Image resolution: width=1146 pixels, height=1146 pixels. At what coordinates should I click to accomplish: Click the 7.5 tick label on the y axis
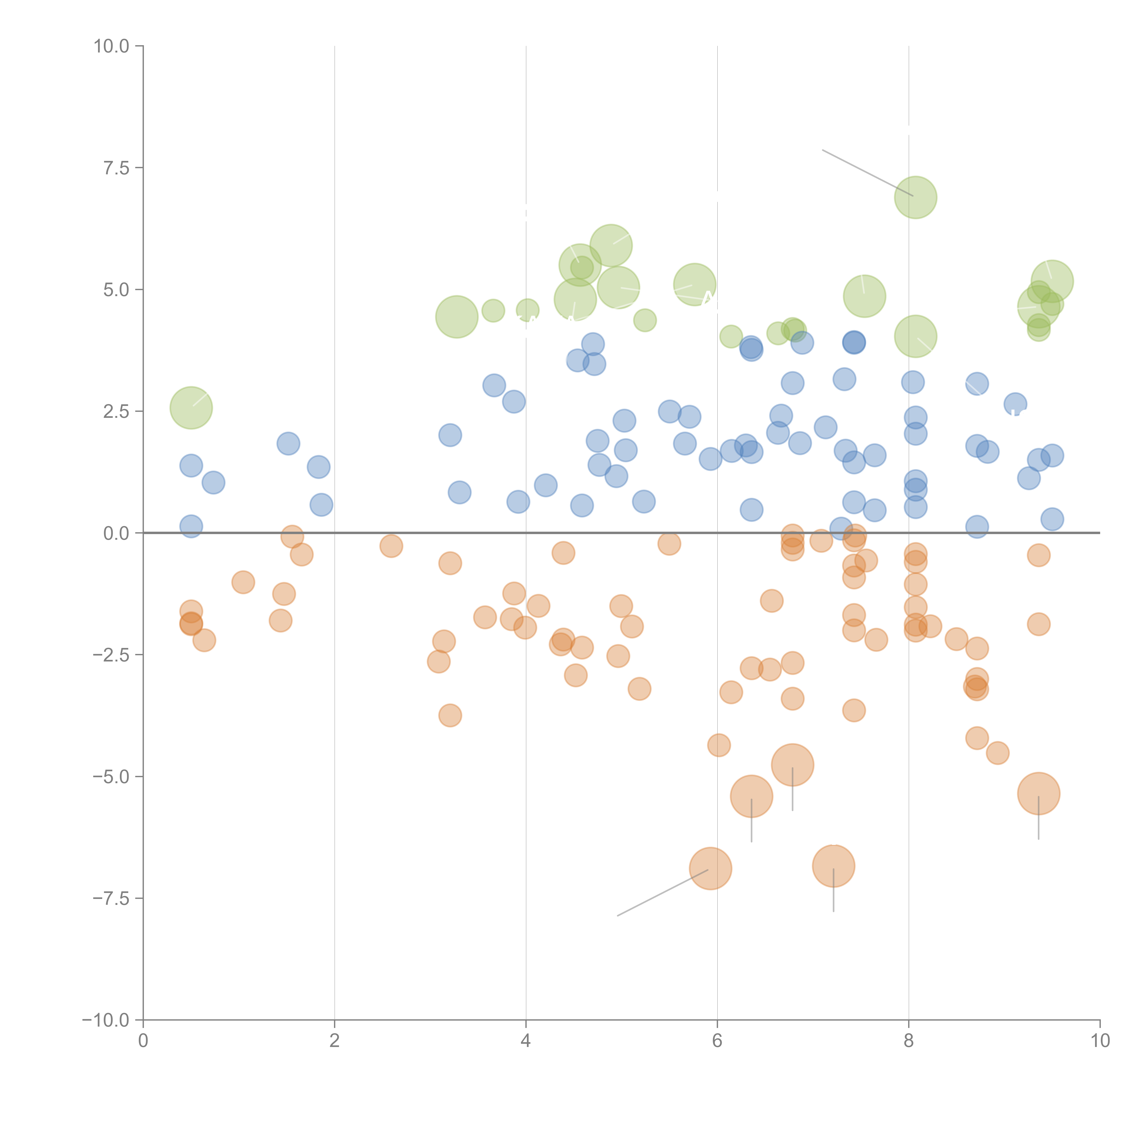pyautogui.click(x=116, y=168)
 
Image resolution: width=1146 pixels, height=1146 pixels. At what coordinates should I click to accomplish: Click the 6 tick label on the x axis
pyautogui.click(x=717, y=1041)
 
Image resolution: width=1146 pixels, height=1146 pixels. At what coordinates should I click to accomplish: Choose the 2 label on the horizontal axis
pyautogui.click(x=335, y=1041)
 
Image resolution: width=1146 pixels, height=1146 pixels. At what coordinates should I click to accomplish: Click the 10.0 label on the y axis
pyautogui.click(x=112, y=46)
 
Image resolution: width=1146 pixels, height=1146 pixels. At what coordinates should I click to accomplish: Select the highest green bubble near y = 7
pyautogui.click(x=915, y=198)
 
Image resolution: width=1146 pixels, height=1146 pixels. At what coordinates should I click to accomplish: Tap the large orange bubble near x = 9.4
pyautogui.click(x=1038, y=794)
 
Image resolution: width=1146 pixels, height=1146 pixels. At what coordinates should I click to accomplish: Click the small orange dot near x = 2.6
pyautogui.click(x=391, y=546)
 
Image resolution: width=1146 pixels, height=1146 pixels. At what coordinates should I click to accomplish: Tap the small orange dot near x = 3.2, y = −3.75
pyautogui.click(x=450, y=715)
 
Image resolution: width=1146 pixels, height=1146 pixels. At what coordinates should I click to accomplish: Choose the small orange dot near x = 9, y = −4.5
pyautogui.click(x=998, y=753)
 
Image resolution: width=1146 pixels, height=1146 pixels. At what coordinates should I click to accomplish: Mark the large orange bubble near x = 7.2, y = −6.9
pyautogui.click(x=833, y=866)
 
